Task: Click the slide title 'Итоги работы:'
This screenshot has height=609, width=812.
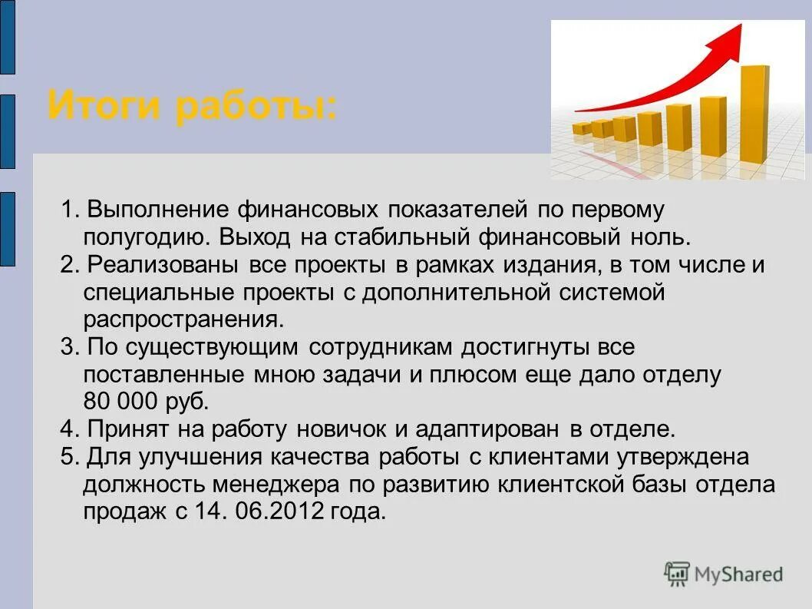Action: point(192,105)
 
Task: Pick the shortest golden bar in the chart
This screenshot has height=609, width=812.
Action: point(582,128)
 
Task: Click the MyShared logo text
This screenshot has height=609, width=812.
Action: point(738,574)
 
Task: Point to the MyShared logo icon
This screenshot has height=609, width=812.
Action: point(677,574)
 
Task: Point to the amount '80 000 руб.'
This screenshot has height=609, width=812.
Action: point(145,402)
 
